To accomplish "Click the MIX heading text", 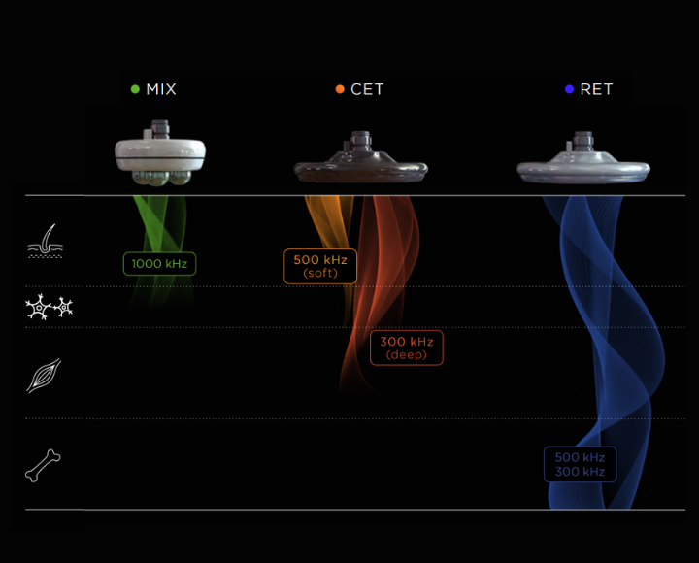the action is [x=161, y=89].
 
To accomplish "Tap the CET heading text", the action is [x=367, y=89].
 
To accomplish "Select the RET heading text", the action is [x=596, y=89].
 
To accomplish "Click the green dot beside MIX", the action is [x=136, y=89].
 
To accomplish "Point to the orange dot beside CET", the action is [x=340, y=89].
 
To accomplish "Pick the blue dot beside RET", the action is [x=570, y=89].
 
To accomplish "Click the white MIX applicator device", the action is [x=160, y=154].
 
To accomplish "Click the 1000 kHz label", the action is [x=159, y=263].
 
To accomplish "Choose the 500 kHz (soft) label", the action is [x=320, y=266].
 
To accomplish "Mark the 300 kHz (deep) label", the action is [x=406, y=348].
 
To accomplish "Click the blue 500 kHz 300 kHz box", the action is [x=580, y=464].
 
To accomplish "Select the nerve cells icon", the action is [x=49, y=309].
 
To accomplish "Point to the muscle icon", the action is [x=44, y=375].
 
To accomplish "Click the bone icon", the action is [x=43, y=466].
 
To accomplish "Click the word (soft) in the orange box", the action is [x=320, y=274].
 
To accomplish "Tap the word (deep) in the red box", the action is [x=406, y=355].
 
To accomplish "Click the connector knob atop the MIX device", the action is [x=160, y=127].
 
